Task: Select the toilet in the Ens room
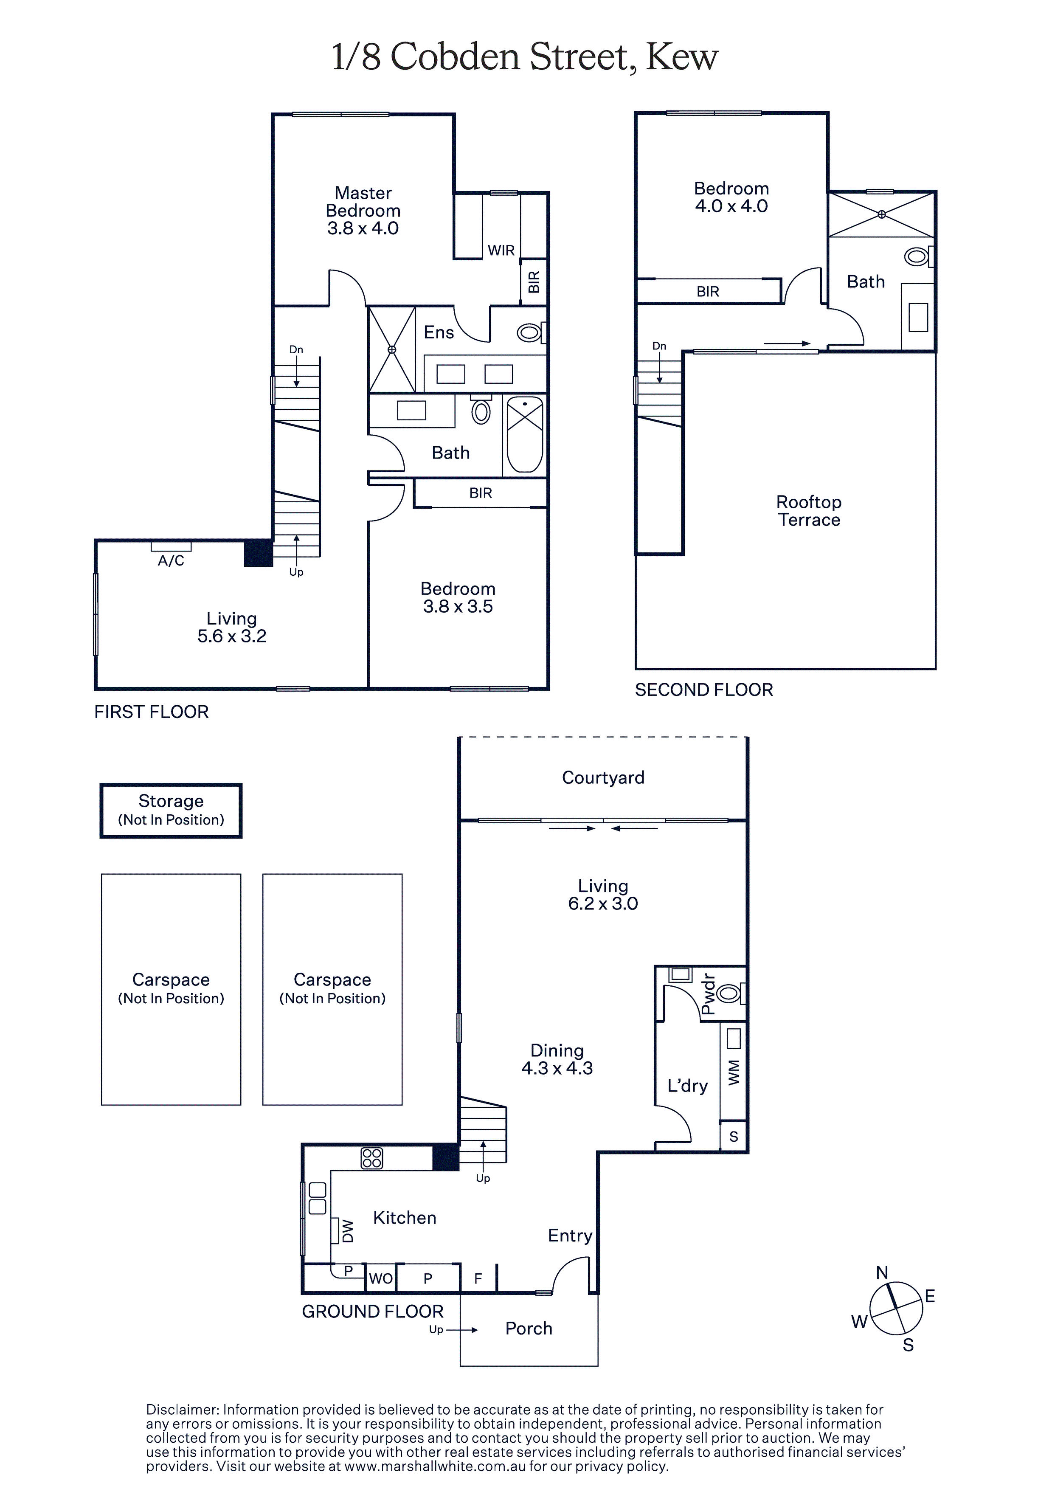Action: point(531,333)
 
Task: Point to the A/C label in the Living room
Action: point(171,560)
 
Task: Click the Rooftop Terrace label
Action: point(809,511)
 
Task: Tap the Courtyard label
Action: point(603,777)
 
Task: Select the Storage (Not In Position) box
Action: point(171,811)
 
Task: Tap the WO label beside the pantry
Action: point(381,1278)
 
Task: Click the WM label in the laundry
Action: point(734,1072)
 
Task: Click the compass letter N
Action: point(882,1272)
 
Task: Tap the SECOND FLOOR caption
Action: point(704,690)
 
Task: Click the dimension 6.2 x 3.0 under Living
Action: point(603,904)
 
